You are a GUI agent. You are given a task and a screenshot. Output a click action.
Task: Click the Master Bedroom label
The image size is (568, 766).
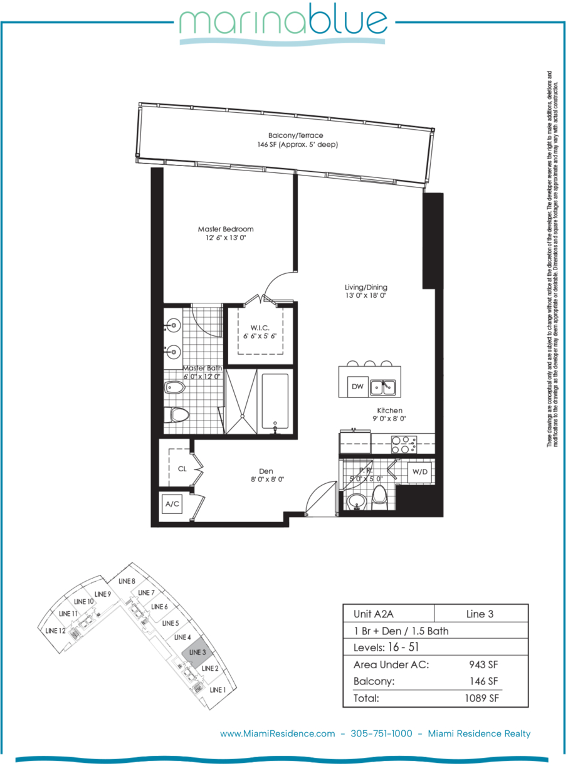click(226, 229)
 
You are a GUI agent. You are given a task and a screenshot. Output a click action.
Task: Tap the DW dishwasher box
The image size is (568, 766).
click(357, 387)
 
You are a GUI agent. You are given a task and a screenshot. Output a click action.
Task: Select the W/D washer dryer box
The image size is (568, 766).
click(420, 472)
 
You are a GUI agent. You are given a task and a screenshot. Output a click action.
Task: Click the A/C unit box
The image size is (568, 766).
click(172, 504)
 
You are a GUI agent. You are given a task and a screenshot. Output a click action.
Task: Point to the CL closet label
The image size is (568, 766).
click(182, 469)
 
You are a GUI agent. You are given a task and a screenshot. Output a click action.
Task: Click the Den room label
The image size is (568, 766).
click(266, 471)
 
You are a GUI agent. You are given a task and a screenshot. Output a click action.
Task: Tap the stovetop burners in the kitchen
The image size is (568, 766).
click(404, 444)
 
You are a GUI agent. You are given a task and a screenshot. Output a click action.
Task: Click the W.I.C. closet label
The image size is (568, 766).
click(260, 328)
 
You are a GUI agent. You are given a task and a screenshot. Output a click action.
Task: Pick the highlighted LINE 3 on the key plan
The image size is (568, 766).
click(197, 653)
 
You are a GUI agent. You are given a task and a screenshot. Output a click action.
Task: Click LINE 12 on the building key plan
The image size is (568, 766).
click(55, 631)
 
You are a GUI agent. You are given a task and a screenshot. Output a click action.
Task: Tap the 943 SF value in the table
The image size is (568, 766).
click(483, 664)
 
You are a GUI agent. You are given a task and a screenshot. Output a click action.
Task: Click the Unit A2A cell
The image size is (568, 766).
click(374, 614)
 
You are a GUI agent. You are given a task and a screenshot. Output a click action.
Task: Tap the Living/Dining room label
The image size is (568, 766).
click(366, 287)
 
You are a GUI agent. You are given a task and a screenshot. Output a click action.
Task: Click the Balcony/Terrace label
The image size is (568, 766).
click(296, 135)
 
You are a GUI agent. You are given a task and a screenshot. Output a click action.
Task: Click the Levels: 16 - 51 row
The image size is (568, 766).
click(386, 647)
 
